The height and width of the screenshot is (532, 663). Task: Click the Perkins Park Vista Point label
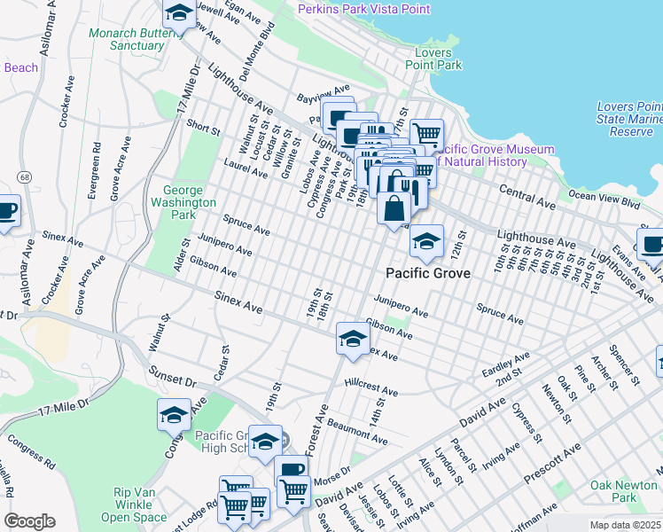coord(363,9)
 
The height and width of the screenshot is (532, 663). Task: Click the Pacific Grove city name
coord(427,274)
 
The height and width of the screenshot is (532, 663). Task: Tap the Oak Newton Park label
coord(627,491)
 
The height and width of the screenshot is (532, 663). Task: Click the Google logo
coord(29,521)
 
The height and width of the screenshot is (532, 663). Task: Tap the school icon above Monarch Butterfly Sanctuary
coord(179,14)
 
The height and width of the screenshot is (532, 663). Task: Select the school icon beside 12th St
coord(426,241)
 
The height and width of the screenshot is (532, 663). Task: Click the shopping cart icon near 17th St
coord(426,135)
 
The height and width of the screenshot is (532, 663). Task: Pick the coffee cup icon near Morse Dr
coord(291,471)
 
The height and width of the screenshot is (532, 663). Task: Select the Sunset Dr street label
coord(170,376)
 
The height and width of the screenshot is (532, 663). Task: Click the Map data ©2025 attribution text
coord(626,525)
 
